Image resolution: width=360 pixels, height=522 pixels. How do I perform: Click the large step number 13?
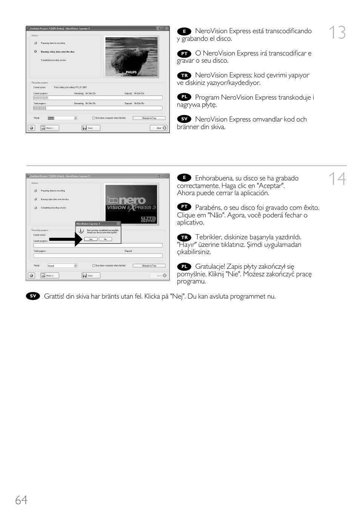337,33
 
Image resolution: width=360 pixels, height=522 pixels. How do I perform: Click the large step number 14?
337,179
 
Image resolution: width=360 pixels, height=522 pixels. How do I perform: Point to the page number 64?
21,500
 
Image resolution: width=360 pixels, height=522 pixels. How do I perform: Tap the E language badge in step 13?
184,31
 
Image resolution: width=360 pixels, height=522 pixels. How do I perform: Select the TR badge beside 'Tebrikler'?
184,237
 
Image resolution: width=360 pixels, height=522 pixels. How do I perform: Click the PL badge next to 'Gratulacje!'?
184,267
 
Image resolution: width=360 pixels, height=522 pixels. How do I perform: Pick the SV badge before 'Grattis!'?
33,296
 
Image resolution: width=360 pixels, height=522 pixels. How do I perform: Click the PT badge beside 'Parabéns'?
184,207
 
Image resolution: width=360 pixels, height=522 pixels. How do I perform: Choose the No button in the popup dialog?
105,239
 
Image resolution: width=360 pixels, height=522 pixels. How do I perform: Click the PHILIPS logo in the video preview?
131,72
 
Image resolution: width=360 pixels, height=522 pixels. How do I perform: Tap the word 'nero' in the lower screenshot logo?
132,200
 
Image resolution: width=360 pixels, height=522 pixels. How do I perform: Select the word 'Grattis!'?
54,296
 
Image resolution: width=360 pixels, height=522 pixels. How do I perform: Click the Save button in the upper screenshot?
91,128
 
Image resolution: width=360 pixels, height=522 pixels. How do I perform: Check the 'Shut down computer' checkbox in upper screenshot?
94,118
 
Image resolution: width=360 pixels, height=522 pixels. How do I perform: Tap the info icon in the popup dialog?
81,231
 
